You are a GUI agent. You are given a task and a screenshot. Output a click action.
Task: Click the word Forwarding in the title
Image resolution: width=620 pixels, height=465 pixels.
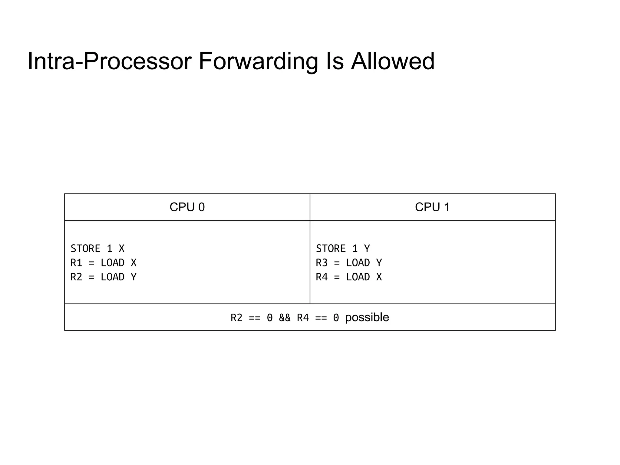tap(258, 62)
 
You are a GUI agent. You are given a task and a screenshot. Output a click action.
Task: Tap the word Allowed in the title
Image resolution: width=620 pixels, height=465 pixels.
tap(393, 61)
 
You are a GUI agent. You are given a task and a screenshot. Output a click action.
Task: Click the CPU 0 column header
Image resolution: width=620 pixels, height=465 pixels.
tap(187, 207)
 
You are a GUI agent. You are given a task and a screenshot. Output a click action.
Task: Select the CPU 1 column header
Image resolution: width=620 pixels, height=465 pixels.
tap(432, 207)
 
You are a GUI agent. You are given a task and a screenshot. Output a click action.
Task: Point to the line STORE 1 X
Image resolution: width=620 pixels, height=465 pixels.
tap(97, 249)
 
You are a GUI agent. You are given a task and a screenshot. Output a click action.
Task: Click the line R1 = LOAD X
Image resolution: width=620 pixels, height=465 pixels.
tap(104, 263)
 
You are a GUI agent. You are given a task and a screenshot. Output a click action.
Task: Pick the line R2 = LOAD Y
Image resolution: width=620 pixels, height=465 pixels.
tap(104, 277)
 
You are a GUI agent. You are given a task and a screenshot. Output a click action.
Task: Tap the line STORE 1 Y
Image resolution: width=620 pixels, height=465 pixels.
tap(343, 249)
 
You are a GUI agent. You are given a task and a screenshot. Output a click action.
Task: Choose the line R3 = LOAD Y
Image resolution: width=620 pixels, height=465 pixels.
tap(349, 263)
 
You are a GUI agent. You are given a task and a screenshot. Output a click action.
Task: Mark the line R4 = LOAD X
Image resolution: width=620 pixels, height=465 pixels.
tap(349, 277)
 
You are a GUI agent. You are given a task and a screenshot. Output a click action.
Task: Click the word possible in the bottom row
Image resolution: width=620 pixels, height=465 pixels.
tap(367, 317)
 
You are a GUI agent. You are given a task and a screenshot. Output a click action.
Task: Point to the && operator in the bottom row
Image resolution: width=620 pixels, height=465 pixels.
tap(285, 318)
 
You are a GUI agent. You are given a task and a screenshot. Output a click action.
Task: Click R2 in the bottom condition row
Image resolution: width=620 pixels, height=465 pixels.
tap(236, 318)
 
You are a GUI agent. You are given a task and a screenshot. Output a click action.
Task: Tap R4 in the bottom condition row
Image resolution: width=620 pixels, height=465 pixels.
tap(303, 318)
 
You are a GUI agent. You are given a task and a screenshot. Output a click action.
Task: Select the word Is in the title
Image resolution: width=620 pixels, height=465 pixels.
tap(335, 61)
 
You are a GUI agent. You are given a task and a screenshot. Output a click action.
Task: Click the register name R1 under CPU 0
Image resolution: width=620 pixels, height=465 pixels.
tap(76, 263)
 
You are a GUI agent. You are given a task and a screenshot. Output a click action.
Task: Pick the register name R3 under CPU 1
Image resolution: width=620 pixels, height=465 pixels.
tap(322, 263)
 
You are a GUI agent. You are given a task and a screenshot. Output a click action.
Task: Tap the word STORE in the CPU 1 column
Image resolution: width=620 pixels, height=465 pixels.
tap(331, 249)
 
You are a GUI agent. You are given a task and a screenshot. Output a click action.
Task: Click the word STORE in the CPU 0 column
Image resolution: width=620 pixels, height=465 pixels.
tap(85, 249)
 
